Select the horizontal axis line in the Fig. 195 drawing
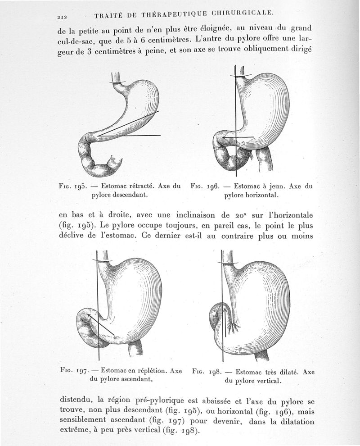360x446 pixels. [x=130, y=135]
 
